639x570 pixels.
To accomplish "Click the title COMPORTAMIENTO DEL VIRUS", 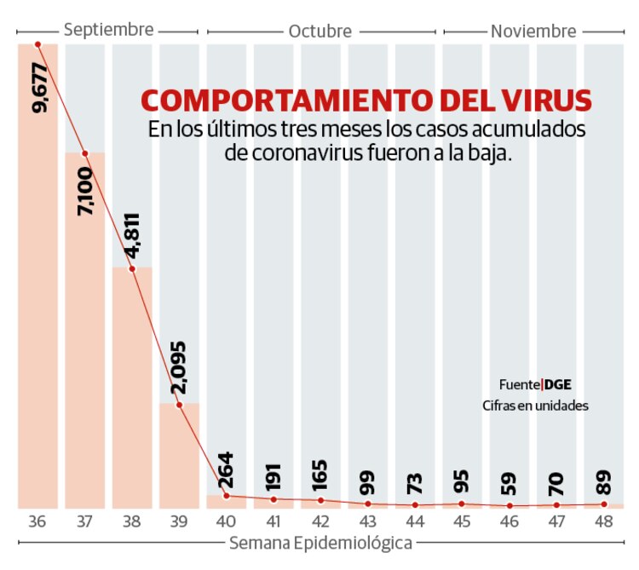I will click(x=366, y=101).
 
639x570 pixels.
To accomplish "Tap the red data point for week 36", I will click(x=37, y=44).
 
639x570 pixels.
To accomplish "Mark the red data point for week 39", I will click(x=179, y=405).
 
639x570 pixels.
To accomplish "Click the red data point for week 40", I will click(x=226, y=496).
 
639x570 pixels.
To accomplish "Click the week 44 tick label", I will click(x=415, y=521).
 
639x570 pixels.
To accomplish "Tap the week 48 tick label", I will click(x=603, y=521).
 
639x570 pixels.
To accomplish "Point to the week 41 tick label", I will click(x=273, y=521).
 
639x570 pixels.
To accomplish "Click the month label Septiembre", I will click(x=108, y=30).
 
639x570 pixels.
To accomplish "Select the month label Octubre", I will click(x=319, y=32).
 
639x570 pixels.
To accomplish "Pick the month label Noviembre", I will click(x=533, y=32).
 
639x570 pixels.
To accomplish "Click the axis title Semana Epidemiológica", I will click(x=319, y=543).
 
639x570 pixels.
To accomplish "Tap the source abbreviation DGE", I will click(x=558, y=383).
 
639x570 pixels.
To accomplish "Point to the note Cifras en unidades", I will click(x=535, y=406).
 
